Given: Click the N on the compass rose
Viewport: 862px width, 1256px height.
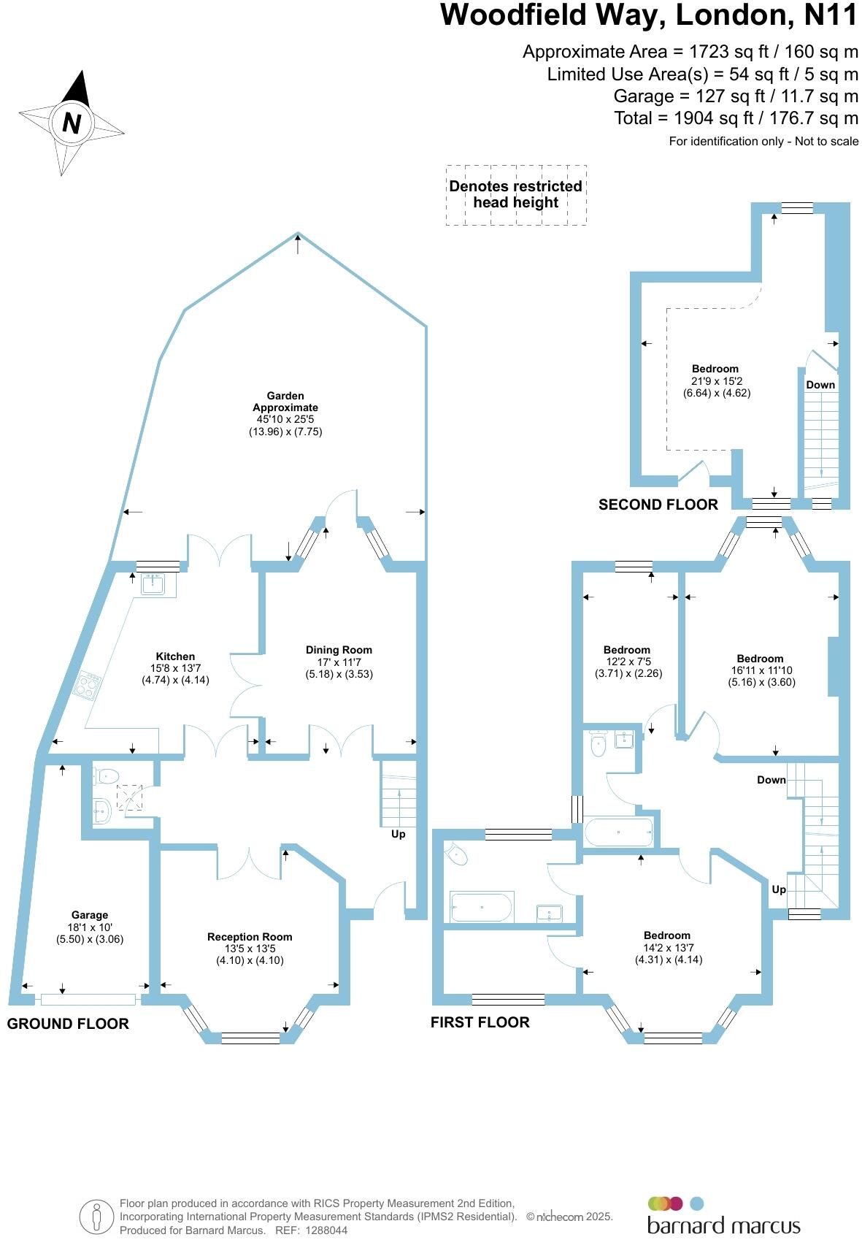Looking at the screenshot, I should pyautogui.click(x=71, y=123).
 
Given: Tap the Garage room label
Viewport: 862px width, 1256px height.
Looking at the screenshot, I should pyautogui.click(x=90, y=915).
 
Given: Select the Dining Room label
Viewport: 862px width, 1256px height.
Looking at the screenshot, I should pyautogui.click(x=339, y=650).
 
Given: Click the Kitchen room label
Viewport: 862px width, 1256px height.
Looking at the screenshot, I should pyautogui.click(x=175, y=656).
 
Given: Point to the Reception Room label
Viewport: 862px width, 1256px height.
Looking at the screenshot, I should pyautogui.click(x=250, y=937).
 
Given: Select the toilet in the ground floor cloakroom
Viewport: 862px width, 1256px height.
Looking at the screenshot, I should pyautogui.click(x=107, y=776).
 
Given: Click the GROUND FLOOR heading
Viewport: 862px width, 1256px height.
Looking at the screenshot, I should pyautogui.click(x=68, y=1024).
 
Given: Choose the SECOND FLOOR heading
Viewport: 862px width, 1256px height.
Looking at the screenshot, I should pyautogui.click(x=658, y=505).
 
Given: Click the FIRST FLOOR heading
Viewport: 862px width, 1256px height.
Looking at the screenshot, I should pyautogui.click(x=480, y=1022).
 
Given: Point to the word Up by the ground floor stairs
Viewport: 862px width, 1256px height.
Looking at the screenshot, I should pyautogui.click(x=398, y=834).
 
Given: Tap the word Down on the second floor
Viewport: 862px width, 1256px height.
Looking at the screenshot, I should pyautogui.click(x=820, y=385).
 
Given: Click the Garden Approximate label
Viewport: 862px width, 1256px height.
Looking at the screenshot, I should pyautogui.click(x=285, y=402).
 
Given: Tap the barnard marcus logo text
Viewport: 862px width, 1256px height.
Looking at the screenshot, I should pyautogui.click(x=723, y=1226).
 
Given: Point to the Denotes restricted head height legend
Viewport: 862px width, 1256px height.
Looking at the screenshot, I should pyautogui.click(x=515, y=194).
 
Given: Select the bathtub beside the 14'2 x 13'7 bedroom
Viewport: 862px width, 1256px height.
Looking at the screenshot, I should pyautogui.click(x=482, y=906).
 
